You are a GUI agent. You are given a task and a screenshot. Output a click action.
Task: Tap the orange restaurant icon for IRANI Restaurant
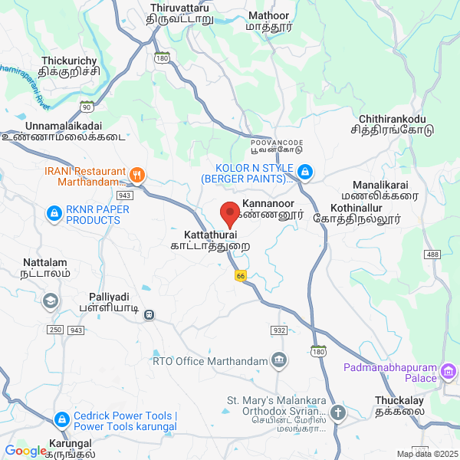point(138,173)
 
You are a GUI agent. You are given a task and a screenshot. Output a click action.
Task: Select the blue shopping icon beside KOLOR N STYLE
point(305,172)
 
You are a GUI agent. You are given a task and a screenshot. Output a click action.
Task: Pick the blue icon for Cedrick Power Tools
point(62,420)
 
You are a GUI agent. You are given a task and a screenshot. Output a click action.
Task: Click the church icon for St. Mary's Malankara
point(337,412)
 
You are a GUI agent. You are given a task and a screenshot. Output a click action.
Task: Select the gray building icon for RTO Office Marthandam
point(279,360)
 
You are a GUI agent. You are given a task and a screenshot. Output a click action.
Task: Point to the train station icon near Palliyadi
point(150,314)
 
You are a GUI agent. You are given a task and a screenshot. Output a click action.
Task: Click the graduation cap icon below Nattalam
point(51,300)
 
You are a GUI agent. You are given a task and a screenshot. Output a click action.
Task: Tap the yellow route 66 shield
point(240,276)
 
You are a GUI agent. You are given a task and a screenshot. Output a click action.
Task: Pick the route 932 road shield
point(278,330)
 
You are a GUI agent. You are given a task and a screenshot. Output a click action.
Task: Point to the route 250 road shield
point(54,330)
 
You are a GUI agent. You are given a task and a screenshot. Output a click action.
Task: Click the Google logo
point(25,451)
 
